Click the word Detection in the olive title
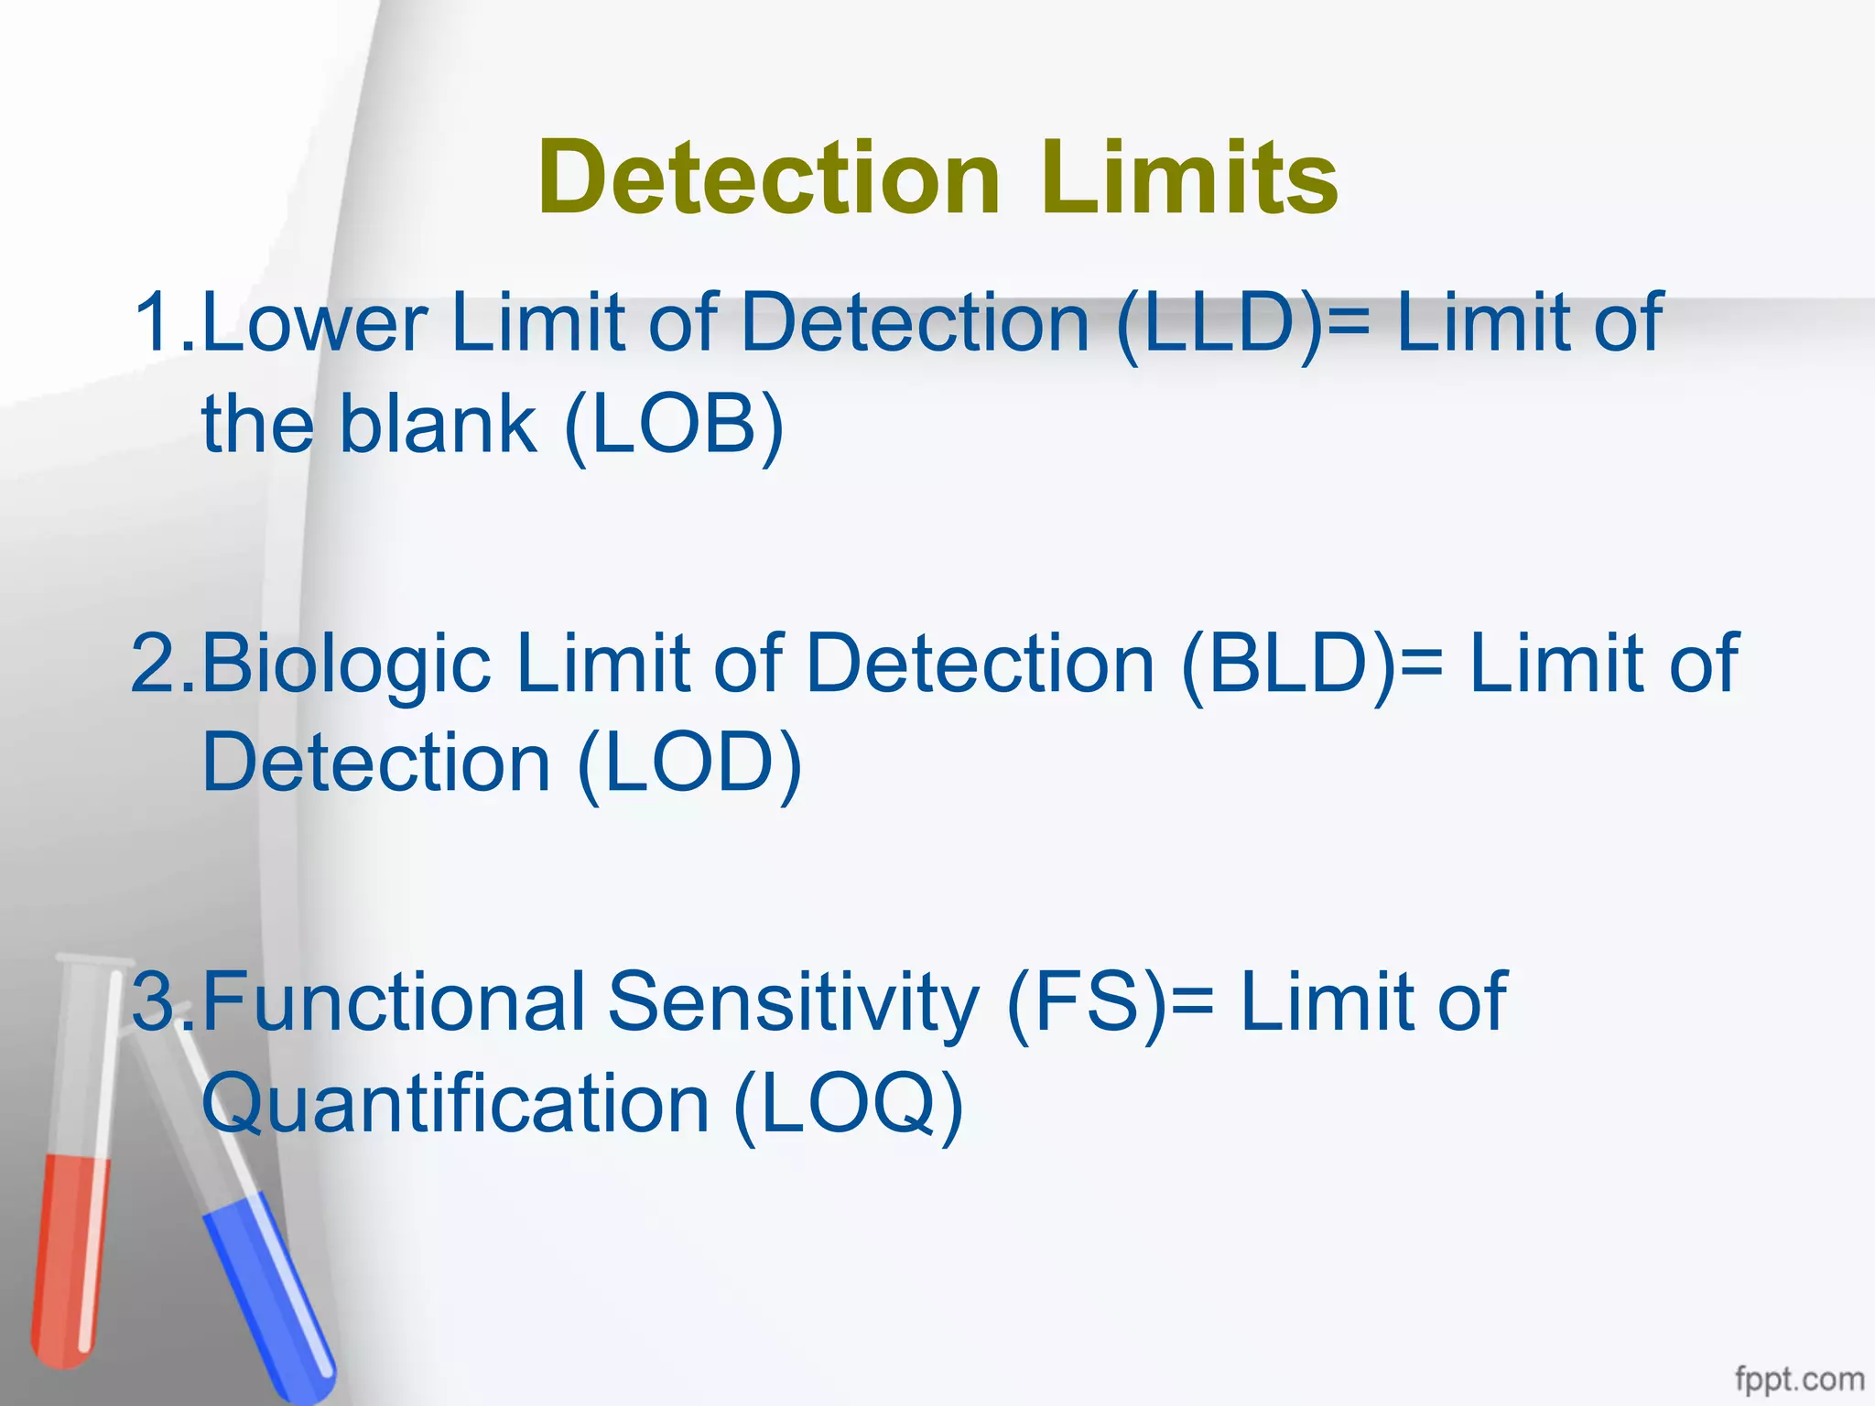coord(768,178)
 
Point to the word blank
coord(438,425)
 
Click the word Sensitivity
coord(793,1003)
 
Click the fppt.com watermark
coord(1798,1379)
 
